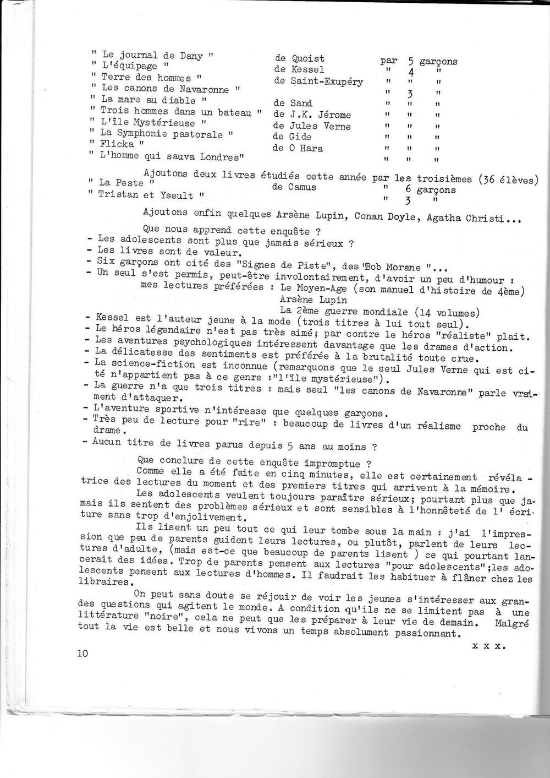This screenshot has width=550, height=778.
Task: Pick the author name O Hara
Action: tap(304, 148)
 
